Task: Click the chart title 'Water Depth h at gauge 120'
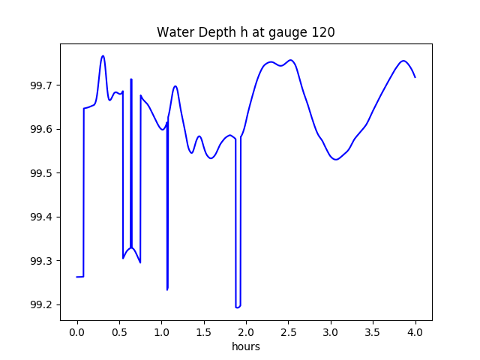(245, 32)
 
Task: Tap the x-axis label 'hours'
(245, 346)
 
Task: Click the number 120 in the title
(324, 32)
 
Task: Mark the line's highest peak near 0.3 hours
(103, 55)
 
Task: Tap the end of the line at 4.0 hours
(415, 77)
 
